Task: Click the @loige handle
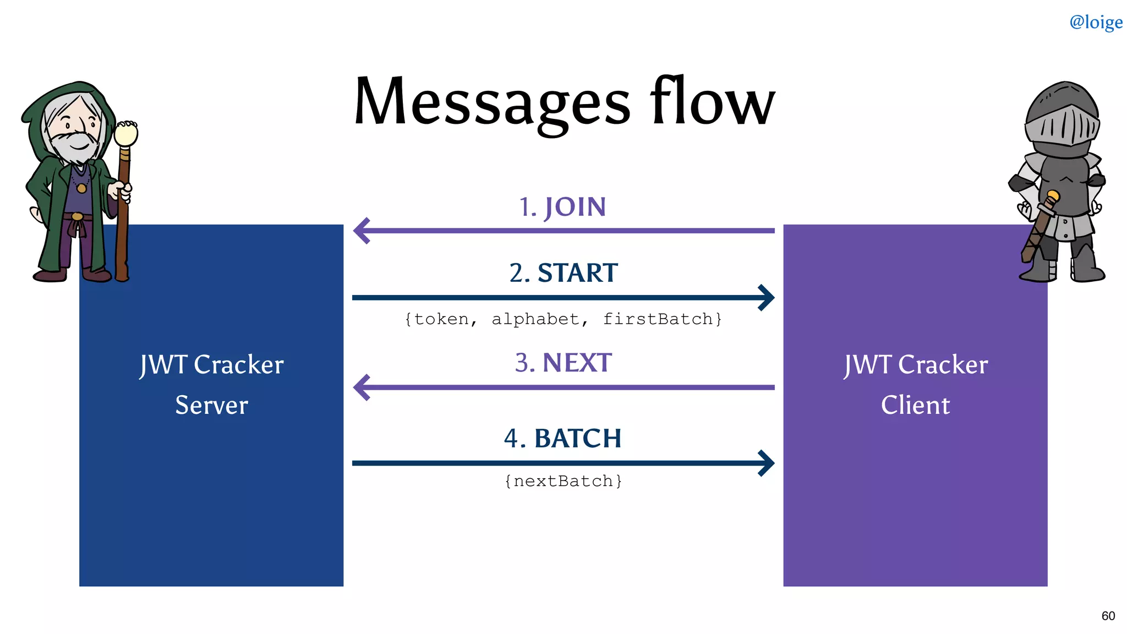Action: (x=1096, y=22)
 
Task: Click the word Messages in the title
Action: (x=491, y=102)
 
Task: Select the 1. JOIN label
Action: (x=562, y=207)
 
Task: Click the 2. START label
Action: (x=563, y=273)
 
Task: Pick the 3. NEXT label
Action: (x=563, y=363)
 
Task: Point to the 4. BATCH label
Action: (x=562, y=439)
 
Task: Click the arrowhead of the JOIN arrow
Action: (x=361, y=231)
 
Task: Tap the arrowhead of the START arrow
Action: (x=767, y=298)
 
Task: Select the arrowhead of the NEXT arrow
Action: (x=361, y=387)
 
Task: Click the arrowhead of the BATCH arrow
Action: (x=767, y=463)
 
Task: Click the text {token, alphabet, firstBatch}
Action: (x=563, y=319)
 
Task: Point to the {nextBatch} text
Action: (x=563, y=481)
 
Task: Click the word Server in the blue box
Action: (x=211, y=405)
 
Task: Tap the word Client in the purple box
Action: (x=915, y=405)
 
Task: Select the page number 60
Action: (x=1108, y=616)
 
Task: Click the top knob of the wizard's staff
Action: (x=126, y=133)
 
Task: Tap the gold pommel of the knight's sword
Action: (x=1053, y=196)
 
